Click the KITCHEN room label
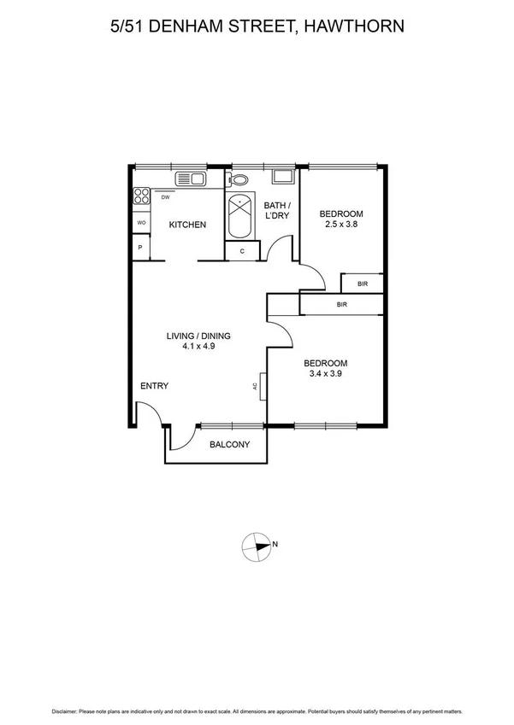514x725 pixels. click(x=187, y=225)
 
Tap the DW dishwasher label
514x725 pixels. click(x=164, y=197)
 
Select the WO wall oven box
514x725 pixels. click(x=140, y=223)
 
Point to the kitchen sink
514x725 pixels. click(x=189, y=178)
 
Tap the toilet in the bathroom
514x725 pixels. click(x=239, y=180)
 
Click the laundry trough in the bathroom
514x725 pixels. click(x=281, y=178)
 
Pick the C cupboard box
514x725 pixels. click(x=243, y=251)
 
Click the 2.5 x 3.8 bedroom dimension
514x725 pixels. click(x=340, y=225)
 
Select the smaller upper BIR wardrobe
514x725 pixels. click(x=363, y=284)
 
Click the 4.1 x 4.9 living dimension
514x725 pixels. click(x=198, y=347)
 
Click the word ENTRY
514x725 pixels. click(x=154, y=386)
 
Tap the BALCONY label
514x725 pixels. click(x=229, y=444)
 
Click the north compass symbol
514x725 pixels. click(x=258, y=545)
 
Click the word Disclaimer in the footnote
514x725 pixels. click(x=65, y=710)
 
